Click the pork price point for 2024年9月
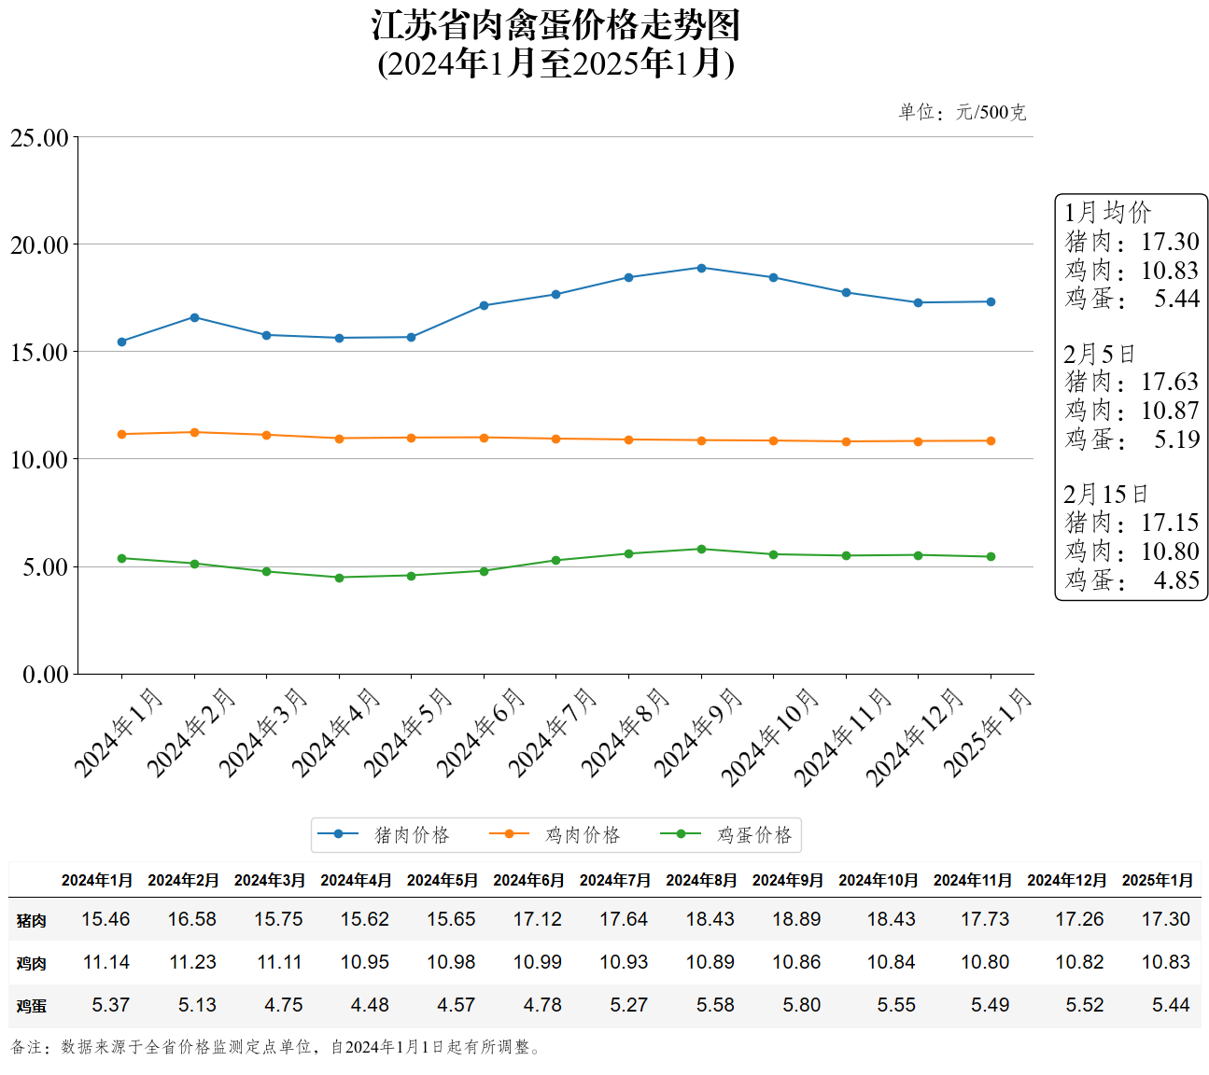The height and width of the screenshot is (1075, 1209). [x=701, y=268]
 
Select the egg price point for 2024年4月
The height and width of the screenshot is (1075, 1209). [x=339, y=578]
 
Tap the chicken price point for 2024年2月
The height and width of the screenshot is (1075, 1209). [x=194, y=432]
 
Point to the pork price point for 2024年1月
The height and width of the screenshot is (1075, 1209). [x=121, y=342]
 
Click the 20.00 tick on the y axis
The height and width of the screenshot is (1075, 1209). [x=39, y=245]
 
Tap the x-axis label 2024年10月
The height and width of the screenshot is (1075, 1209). [x=769, y=736]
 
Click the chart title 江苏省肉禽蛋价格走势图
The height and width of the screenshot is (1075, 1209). [x=556, y=26]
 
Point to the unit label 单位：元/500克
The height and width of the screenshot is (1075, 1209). [x=962, y=113]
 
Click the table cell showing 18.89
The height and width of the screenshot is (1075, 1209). [x=796, y=919]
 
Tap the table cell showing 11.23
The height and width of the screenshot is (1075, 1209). [x=192, y=962]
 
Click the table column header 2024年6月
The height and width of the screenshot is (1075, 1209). [x=528, y=880]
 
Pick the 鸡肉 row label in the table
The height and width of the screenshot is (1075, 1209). [x=31, y=963]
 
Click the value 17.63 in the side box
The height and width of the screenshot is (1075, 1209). [x=1170, y=382]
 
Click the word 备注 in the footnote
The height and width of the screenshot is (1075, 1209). [x=26, y=1047]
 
